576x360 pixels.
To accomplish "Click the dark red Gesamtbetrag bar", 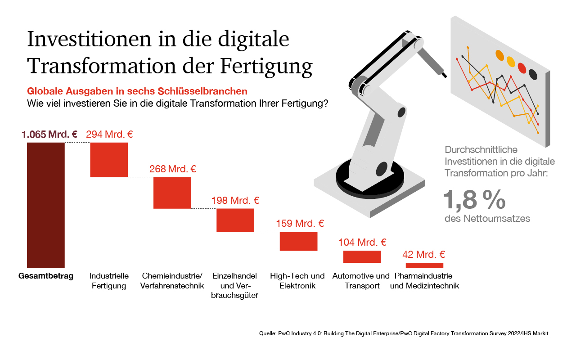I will click(45, 205).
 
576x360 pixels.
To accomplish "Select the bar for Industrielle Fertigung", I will click(109, 160).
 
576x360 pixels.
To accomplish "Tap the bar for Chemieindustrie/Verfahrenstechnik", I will click(172, 193).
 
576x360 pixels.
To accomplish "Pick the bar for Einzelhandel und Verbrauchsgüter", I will click(235, 220).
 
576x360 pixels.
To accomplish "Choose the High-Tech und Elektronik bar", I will click(299, 241).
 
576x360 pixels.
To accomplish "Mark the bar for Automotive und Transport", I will click(362, 256).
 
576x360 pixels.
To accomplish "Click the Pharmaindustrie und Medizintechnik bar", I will click(424, 265).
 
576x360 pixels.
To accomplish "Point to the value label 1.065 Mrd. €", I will click(49, 134).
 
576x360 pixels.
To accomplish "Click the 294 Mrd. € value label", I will click(109, 134).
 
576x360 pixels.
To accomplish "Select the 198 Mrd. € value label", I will click(235, 201).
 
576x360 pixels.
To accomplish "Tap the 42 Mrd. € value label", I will click(424, 255).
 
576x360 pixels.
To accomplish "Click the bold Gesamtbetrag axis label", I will click(46, 276).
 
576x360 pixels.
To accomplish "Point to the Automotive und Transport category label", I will click(361, 281).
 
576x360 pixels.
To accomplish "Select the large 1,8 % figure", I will click(474, 199).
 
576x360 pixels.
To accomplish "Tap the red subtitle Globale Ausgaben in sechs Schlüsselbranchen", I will click(137, 91).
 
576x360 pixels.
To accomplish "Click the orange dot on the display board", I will click(500, 55).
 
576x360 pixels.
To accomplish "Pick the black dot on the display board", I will click(533, 74).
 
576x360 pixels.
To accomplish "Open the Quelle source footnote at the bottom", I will click(405, 333).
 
